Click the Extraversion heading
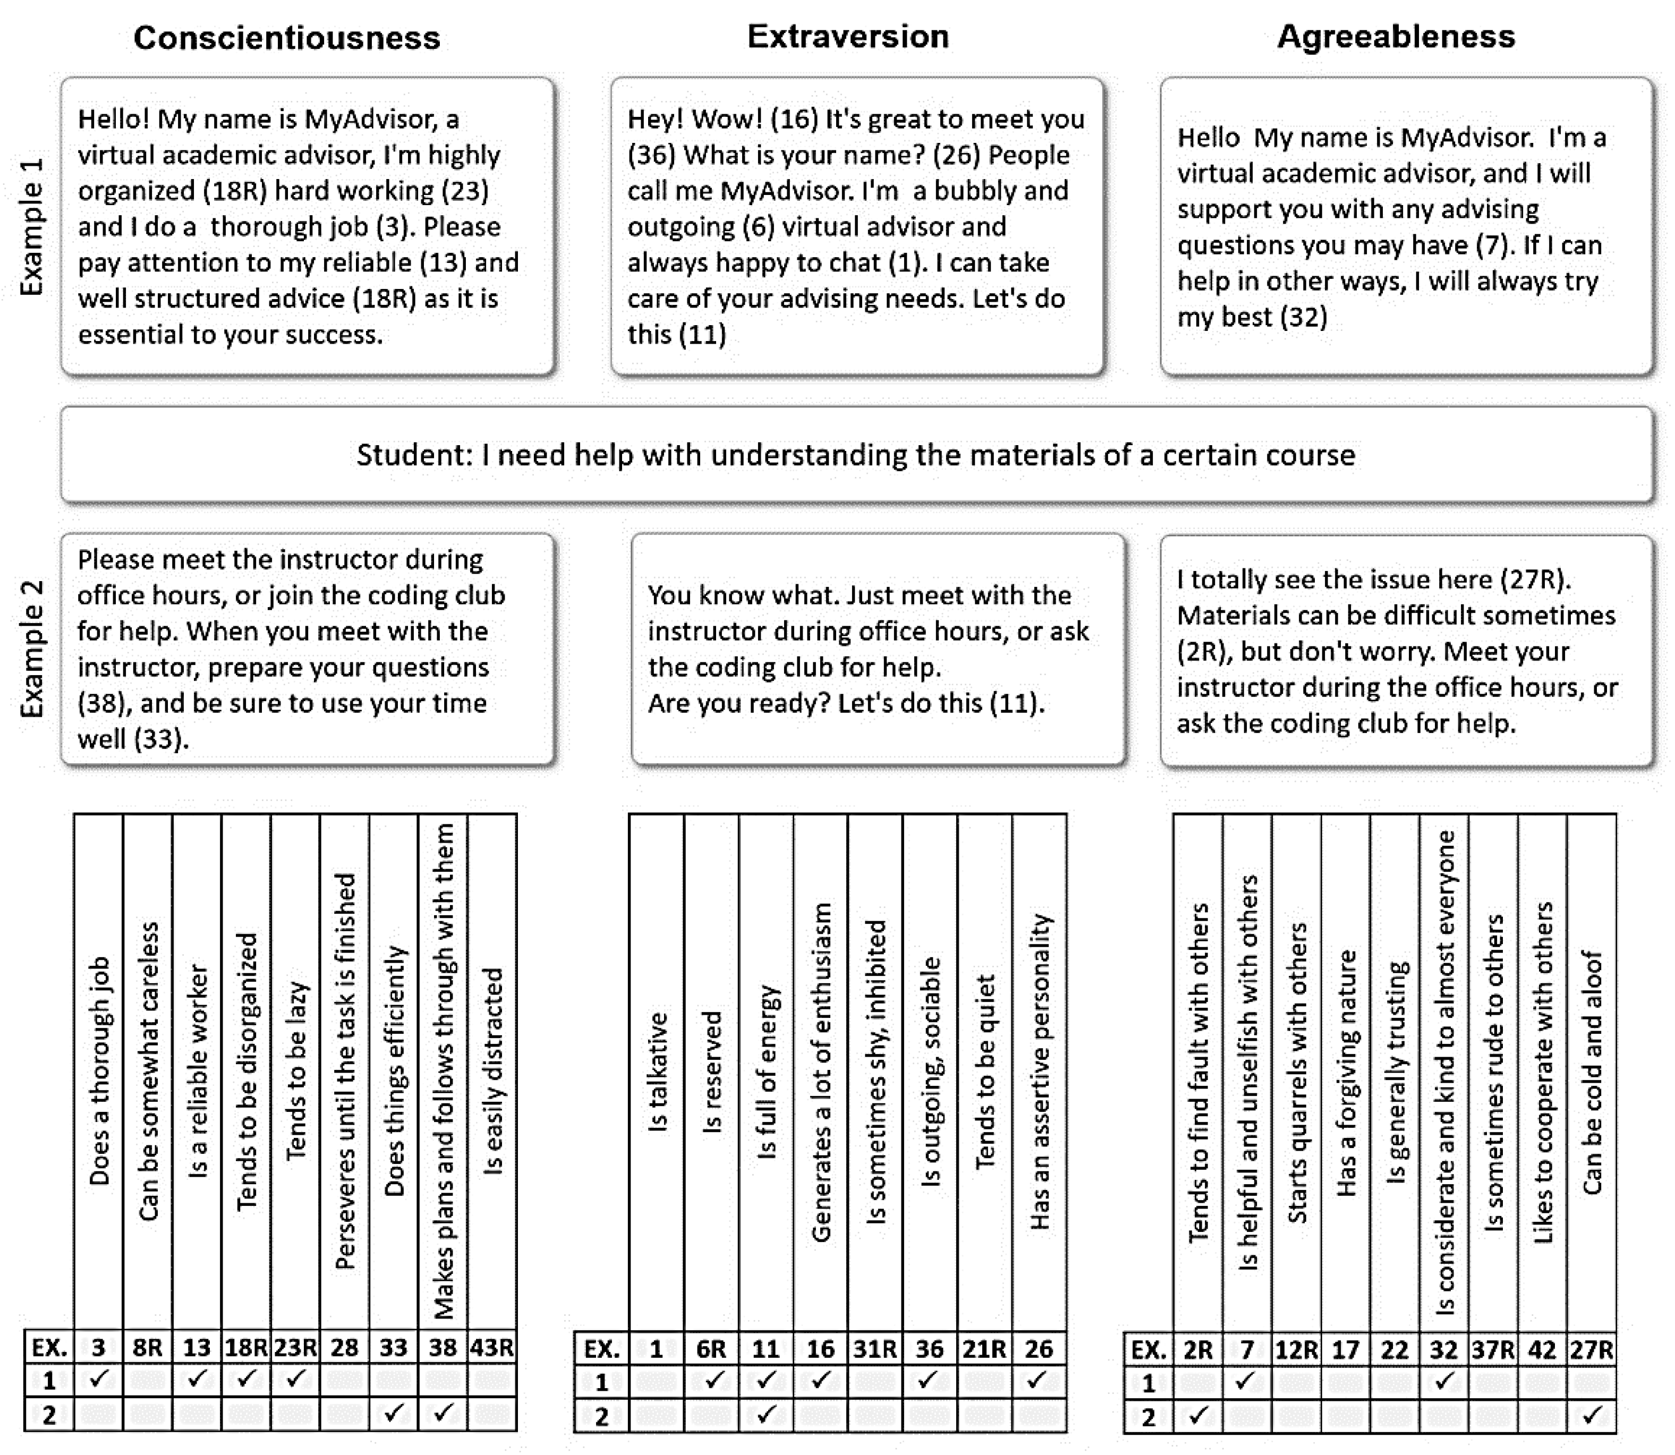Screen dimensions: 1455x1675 coord(848,37)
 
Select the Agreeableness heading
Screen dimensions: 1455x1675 coord(1396,37)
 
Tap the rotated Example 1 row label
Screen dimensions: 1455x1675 coord(31,227)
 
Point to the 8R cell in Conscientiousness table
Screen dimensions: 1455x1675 coord(147,1348)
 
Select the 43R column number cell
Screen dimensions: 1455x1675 coord(492,1348)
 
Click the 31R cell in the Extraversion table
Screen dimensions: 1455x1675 coord(874,1349)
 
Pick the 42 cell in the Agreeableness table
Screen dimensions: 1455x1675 coord(1541,1349)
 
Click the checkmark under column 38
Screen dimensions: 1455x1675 coord(443,1413)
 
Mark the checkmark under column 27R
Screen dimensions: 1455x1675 coord(1592,1415)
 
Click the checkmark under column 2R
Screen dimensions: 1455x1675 coord(1197,1415)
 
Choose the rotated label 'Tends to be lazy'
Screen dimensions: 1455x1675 coord(295,1072)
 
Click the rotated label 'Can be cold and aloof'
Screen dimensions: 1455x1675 coord(1592,1072)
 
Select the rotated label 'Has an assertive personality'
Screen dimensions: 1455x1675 coord(1039,1072)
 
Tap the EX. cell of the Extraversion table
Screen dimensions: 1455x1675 coord(602,1349)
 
